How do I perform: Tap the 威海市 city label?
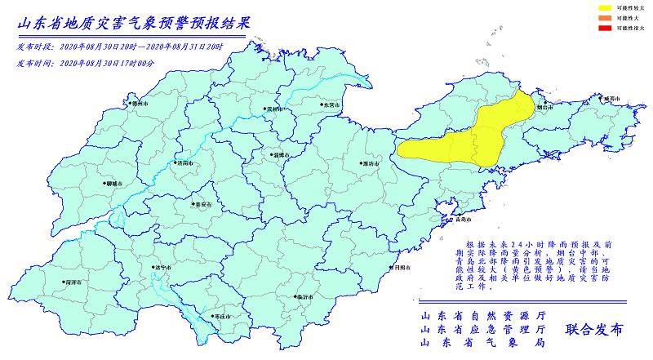coord(611,99)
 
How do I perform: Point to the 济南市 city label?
coord(184,163)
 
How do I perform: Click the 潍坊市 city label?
coord(370,164)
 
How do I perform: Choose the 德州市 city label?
coord(140,104)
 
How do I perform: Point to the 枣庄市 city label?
coord(221,316)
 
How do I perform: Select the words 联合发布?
coord(593,330)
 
